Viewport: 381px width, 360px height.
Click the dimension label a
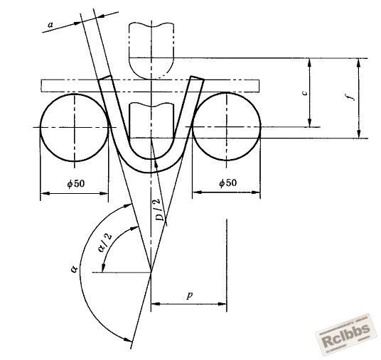(50, 25)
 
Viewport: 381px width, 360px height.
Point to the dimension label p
(190, 295)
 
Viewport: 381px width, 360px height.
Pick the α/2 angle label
(106, 243)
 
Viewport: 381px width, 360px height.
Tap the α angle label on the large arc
(74, 268)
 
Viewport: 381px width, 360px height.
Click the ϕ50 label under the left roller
(76, 183)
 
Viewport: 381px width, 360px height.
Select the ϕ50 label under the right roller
(227, 182)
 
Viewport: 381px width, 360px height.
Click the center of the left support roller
(75, 127)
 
